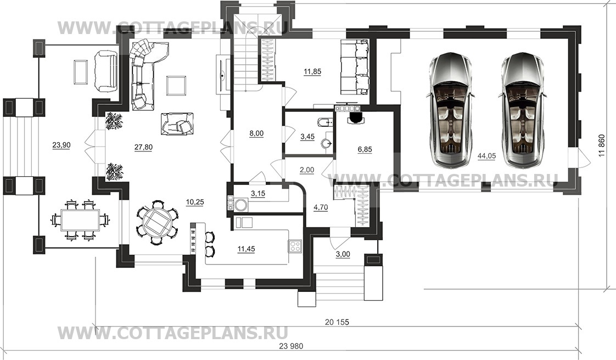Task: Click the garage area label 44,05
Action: point(487,156)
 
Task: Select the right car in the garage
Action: point(522,110)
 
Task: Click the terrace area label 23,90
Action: point(61,145)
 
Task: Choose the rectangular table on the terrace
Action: point(80,220)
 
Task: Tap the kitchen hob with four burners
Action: point(295,246)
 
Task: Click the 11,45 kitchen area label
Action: point(247,249)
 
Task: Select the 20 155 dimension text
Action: point(337,322)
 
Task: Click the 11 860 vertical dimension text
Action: point(602,147)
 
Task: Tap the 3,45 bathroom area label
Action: point(307,137)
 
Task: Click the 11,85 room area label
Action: point(312,71)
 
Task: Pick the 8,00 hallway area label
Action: point(256,133)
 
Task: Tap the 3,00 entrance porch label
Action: point(343,255)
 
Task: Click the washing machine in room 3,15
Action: point(240,205)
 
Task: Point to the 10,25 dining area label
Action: point(195,203)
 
